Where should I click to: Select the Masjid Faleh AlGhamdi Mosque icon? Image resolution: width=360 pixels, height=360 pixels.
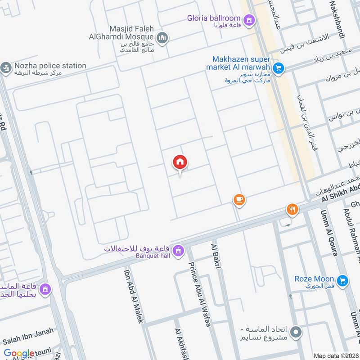[x=163, y=38]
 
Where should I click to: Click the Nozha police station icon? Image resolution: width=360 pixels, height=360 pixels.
[x=5, y=68]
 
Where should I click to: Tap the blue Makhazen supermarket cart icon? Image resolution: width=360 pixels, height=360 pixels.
[x=278, y=68]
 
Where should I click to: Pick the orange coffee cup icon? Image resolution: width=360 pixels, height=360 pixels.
[x=238, y=200]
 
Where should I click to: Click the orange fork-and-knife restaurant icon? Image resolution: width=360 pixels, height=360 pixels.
[x=292, y=209]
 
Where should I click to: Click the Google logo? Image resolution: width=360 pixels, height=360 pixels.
[x=19, y=354]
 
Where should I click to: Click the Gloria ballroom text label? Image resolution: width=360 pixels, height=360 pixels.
[x=214, y=18]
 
